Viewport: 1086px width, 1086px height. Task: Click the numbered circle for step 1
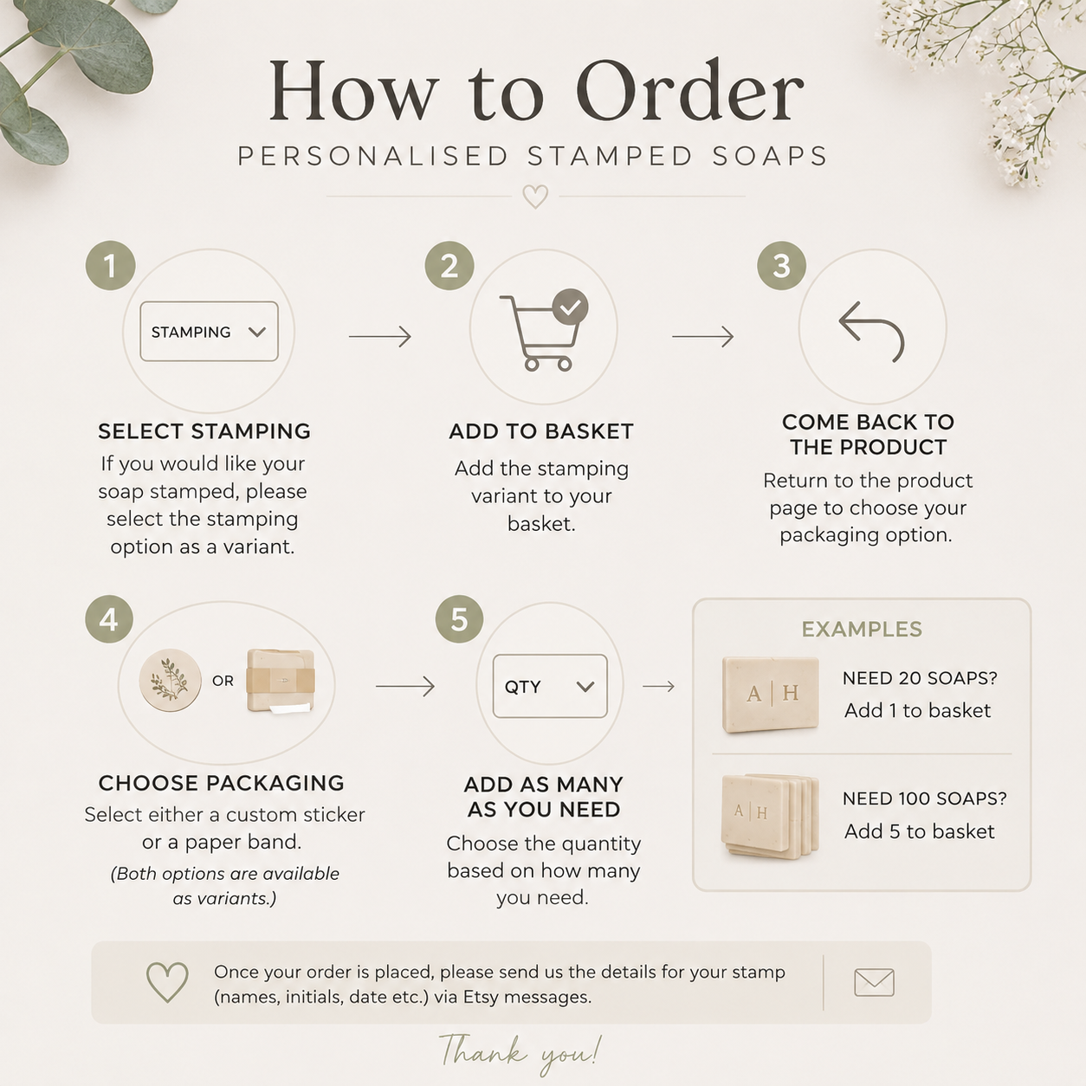111,266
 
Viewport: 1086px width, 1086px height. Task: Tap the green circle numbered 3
782,266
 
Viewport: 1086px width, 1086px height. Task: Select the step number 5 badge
459,619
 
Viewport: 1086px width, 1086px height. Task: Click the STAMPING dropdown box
209,332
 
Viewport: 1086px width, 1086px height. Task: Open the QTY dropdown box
550,686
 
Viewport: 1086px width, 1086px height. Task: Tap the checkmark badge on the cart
571,307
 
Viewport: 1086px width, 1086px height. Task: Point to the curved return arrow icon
871,332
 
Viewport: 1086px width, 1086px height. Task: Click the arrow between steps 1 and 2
380,336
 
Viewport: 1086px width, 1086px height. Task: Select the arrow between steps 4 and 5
405,687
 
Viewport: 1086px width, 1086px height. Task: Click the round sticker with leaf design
171,680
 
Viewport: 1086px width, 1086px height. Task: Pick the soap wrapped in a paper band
281,681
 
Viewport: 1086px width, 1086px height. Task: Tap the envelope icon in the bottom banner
874,982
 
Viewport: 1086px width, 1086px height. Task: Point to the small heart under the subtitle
535,197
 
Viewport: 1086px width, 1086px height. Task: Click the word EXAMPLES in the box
862,629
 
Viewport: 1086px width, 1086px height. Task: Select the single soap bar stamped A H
771,695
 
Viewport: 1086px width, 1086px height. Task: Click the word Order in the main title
689,91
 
